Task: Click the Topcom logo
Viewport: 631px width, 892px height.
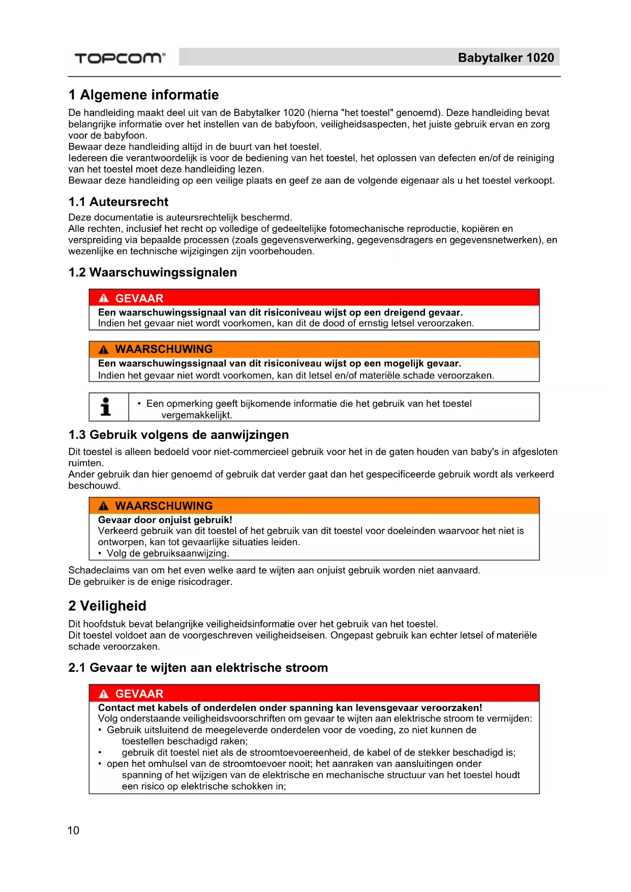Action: (120, 58)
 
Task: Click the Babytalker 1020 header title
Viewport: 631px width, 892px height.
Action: (505, 58)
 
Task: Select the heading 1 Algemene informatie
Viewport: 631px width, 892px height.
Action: (143, 95)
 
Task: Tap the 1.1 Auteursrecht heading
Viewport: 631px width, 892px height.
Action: (118, 202)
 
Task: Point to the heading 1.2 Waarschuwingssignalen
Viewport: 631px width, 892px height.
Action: (153, 273)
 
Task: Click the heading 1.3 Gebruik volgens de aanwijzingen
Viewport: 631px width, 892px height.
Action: (178, 435)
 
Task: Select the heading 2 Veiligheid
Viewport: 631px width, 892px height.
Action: (107, 606)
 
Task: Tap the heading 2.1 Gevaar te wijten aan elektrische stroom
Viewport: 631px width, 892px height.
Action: (198, 668)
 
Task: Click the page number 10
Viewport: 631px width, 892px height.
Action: (73, 830)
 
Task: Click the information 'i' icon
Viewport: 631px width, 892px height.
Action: (106, 407)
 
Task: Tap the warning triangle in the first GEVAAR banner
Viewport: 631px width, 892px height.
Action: (104, 299)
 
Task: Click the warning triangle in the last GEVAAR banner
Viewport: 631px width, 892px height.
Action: (104, 694)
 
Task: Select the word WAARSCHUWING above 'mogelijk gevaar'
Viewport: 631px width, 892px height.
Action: (164, 349)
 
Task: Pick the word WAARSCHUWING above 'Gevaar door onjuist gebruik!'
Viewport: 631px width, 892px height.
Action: (164, 506)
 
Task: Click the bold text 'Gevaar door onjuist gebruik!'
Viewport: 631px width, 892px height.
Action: (165, 520)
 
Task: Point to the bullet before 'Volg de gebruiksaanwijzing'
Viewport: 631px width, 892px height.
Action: (100, 553)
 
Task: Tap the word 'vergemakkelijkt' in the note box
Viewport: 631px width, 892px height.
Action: (196, 415)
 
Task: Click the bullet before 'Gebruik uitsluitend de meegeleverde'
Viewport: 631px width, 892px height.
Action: (100, 730)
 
